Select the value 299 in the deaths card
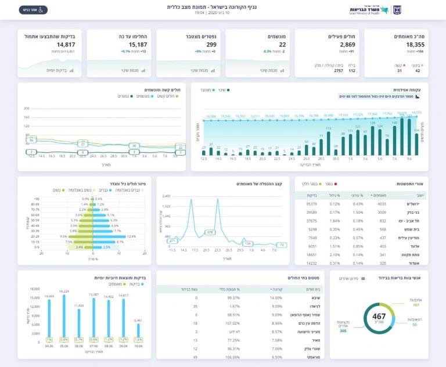coord(211,45)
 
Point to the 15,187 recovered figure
coord(138,45)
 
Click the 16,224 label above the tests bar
coord(64,291)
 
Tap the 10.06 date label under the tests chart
coord(138,346)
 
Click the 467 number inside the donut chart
coord(375,316)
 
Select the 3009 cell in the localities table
coord(378,213)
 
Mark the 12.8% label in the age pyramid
coord(131,236)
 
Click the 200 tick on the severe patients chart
coord(26,109)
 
